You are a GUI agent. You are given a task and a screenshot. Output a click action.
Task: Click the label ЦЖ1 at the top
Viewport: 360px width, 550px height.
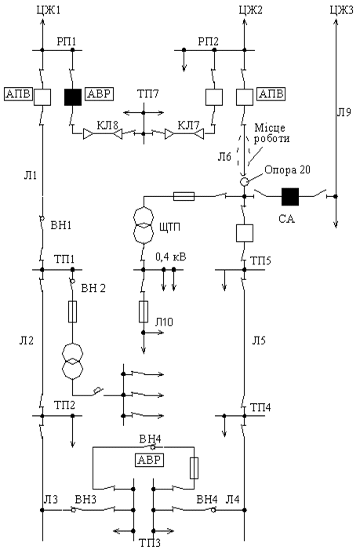(49, 9)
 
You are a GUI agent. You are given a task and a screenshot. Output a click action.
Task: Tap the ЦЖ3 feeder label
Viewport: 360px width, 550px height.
(341, 9)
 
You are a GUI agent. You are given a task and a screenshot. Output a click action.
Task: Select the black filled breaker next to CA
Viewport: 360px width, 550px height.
(290, 196)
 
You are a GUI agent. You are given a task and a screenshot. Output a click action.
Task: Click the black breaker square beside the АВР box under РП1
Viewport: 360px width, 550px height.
(73, 97)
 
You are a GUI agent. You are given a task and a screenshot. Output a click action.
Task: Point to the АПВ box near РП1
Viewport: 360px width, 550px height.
(18, 94)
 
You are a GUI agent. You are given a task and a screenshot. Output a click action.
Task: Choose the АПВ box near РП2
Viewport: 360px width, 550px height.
(271, 94)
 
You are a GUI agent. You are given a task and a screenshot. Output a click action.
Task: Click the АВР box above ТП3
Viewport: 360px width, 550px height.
(150, 460)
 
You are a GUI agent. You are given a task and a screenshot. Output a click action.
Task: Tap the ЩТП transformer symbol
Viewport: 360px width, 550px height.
(144, 225)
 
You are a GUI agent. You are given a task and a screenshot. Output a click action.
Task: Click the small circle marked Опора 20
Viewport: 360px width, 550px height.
(244, 182)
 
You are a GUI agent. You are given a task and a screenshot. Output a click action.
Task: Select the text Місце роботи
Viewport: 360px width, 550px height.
(271, 133)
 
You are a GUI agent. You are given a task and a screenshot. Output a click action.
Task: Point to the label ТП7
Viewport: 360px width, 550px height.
(147, 94)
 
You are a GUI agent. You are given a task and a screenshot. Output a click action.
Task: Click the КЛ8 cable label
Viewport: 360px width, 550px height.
(107, 126)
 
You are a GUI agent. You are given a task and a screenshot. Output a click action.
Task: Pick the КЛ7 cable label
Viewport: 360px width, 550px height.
(188, 126)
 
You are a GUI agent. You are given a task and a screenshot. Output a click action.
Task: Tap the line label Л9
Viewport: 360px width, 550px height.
(344, 113)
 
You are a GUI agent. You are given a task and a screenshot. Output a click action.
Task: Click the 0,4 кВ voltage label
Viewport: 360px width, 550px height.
(171, 257)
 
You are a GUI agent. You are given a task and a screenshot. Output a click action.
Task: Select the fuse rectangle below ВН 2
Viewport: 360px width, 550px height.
(73, 311)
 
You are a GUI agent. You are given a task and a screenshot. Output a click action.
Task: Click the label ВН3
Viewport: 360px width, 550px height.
(85, 499)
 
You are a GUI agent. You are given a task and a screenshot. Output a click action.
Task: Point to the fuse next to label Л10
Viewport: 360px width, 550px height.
(144, 311)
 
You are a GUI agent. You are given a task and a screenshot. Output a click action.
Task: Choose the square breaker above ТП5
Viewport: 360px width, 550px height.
(245, 233)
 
